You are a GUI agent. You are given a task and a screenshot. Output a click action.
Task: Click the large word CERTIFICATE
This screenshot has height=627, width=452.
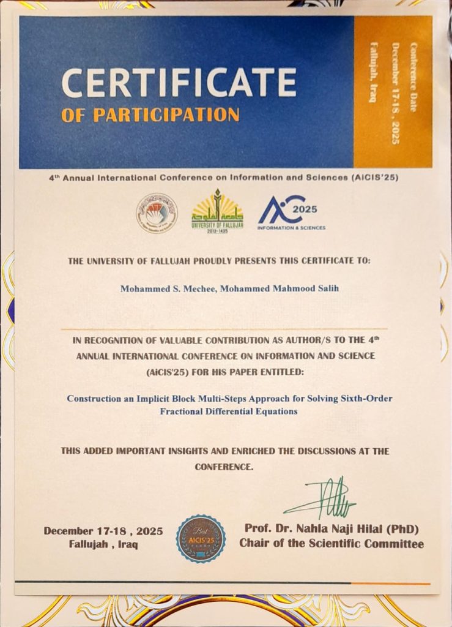pyautogui.click(x=179, y=83)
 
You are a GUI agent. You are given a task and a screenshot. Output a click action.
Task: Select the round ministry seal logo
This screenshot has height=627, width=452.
pyautogui.click(x=157, y=213)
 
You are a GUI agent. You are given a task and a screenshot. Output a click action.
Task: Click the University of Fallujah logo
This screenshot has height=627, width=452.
pyautogui.click(x=217, y=211)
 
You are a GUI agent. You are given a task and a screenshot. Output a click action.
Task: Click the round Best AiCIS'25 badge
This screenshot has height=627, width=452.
pyautogui.click(x=201, y=539)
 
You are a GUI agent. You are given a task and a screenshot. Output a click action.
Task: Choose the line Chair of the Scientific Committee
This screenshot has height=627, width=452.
pyautogui.click(x=331, y=543)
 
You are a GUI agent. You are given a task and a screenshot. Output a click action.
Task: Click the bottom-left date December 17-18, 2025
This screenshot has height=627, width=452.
pyautogui.click(x=103, y=531)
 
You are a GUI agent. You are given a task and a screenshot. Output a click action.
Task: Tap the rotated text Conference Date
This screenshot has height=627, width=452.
pyautogui.click(x=413, y=77)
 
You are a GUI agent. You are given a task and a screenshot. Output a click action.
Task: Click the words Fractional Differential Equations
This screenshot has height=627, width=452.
pyautogui.click(x=229, y=411)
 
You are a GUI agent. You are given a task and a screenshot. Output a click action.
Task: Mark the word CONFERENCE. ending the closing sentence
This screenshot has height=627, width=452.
pyautogui.click(x=224, y=467)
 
